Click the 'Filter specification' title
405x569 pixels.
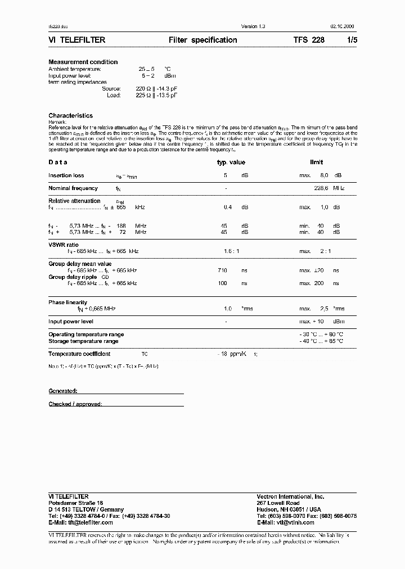click(x=202, y=40)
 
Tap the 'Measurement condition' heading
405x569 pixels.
click(x=83, y=62)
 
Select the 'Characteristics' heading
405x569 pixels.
click(x=70, y=115)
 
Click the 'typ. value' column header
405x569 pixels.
click(x=231, y=162)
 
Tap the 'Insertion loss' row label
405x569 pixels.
click(x=66, y=175)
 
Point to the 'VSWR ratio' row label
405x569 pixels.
click(x=64, y=245)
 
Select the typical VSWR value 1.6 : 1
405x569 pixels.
click(x=231, y=251)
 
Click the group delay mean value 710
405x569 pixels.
click(x=222, y=270)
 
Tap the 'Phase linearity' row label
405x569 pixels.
click(x=68, y=302)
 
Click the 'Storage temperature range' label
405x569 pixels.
click(x=83, y=341)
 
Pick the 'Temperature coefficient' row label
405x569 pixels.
click(x=79, y=354)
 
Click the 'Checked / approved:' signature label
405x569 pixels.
click(x=75, y=404)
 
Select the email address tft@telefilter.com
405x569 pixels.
click(x=80, y=522)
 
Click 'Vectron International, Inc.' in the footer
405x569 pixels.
click(x=290, y=496)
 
